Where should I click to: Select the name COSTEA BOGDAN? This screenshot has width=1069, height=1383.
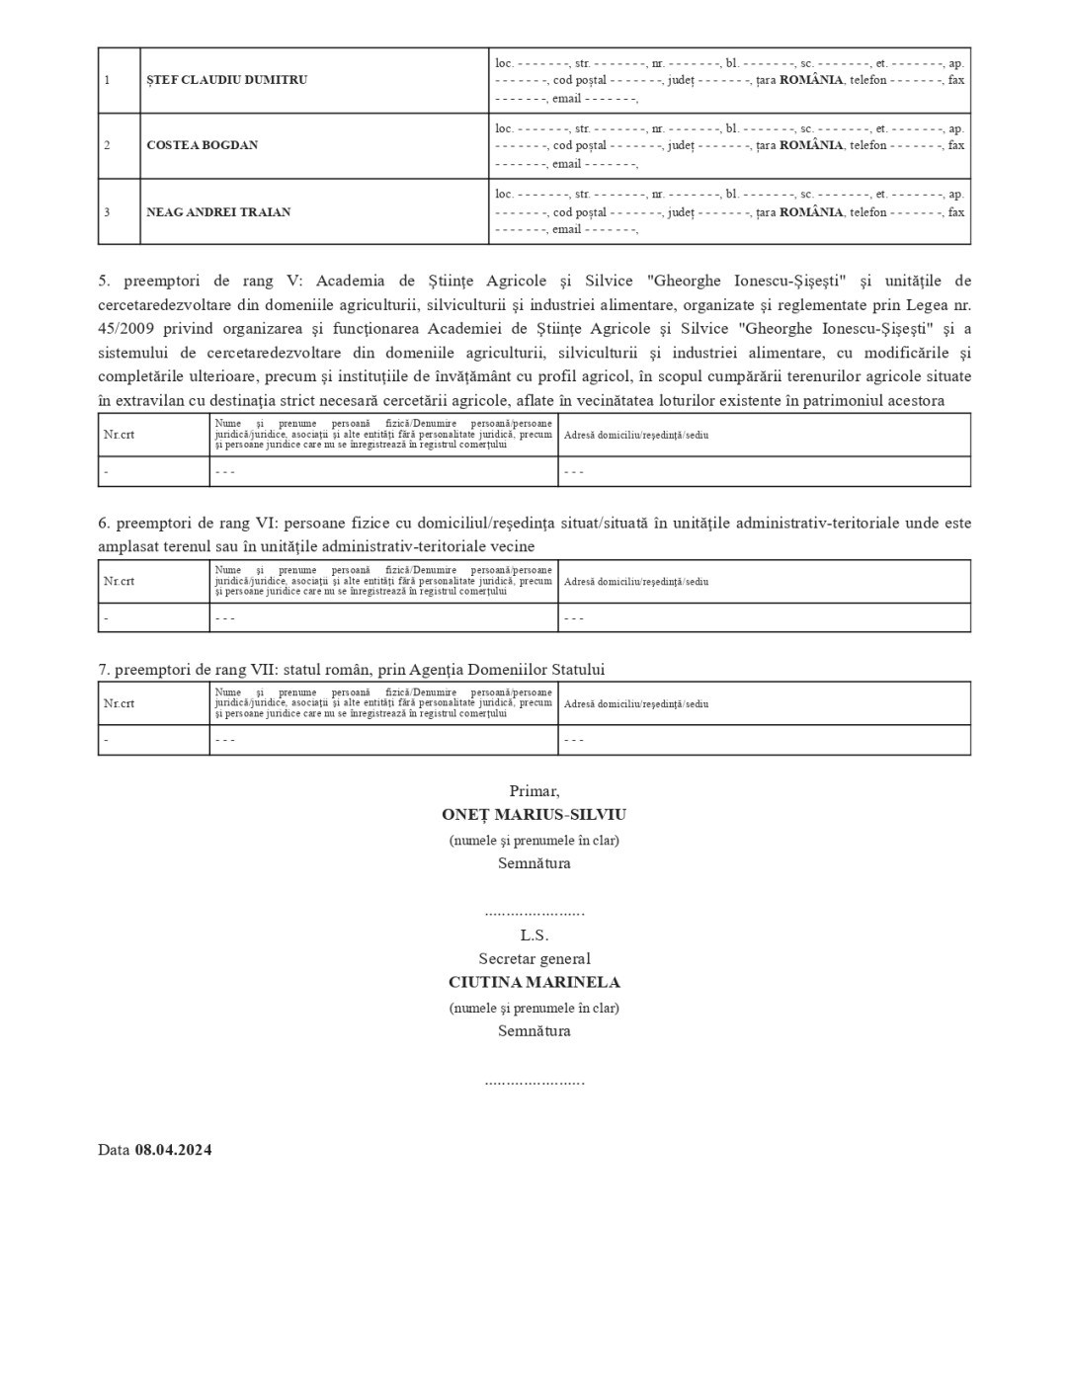click(x=202, y=145)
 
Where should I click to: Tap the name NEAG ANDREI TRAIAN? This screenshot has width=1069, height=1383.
click(x=218, y=212)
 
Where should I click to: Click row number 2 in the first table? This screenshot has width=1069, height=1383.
click(x=107, y=145)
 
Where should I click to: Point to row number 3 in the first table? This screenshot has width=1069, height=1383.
click(x=107, y=212)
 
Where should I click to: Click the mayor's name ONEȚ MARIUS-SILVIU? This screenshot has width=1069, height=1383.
click(x=534, y=815)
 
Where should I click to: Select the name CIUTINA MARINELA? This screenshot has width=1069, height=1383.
click(x=534, y=983)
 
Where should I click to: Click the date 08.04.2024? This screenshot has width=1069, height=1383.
click(x=173, y=1150)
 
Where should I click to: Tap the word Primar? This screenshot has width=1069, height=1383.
click(x=534, y=791)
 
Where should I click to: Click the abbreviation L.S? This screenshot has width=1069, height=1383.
click(x=534, y=936)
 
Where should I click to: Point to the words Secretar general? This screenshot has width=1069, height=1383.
click(x=534, y=959)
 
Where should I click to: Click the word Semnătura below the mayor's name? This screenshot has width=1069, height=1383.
click(x=534, y=863)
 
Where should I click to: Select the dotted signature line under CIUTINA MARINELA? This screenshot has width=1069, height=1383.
click(x=534, y=1081)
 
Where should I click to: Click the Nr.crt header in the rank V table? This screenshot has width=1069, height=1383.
click(x=119, y=435)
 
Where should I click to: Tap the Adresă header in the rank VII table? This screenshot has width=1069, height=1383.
click(x=635, y=704)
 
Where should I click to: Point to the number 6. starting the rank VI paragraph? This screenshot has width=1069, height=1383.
click(x=104, y=523)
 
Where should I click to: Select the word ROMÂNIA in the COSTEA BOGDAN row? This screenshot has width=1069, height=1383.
click(x=811, y=145)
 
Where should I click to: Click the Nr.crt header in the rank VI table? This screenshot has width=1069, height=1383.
click(x=119, y=581)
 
